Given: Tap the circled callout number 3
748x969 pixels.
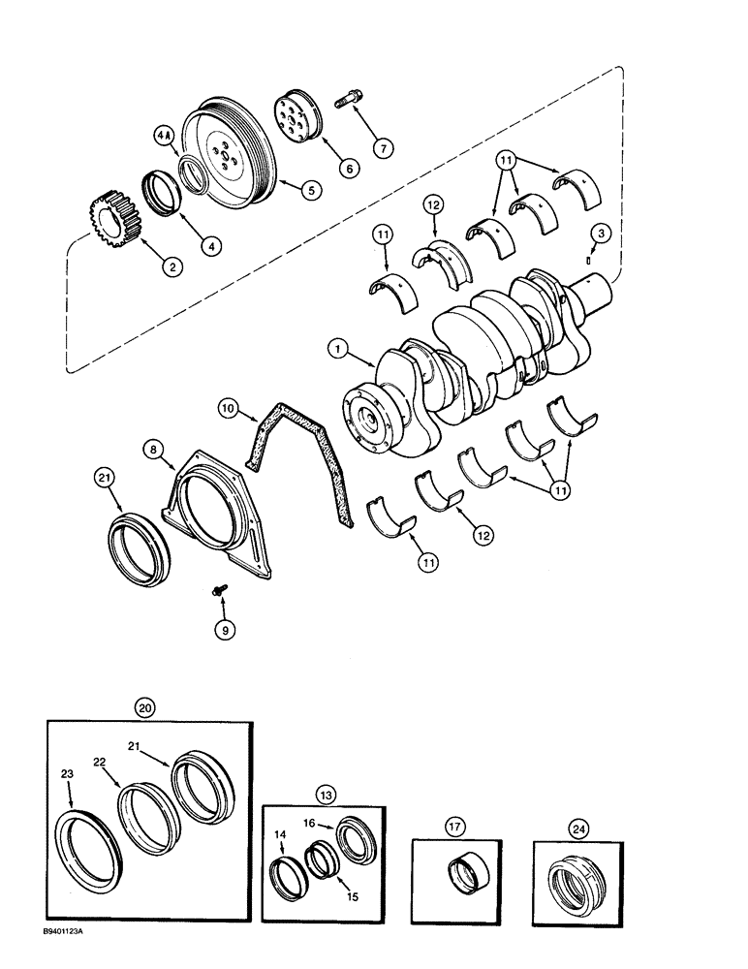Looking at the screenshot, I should (602, 232).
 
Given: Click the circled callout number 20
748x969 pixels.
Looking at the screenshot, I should (145, 708).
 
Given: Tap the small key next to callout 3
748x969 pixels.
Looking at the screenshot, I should (592, 260).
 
